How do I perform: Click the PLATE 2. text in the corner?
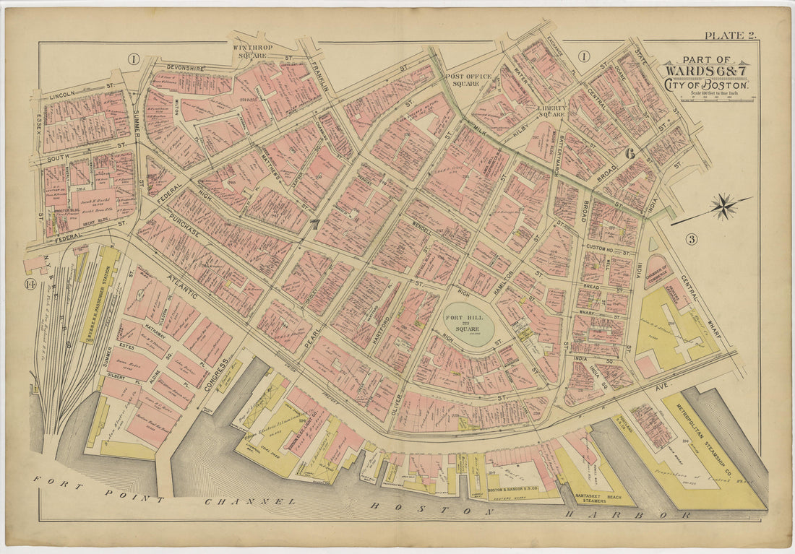point(729,35)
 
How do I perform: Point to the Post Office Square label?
point(468,80)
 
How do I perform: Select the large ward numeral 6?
point(629,153)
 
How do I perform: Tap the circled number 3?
point(692,239)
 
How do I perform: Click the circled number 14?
point(30,283)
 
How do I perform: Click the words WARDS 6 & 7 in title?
point(705,71)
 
